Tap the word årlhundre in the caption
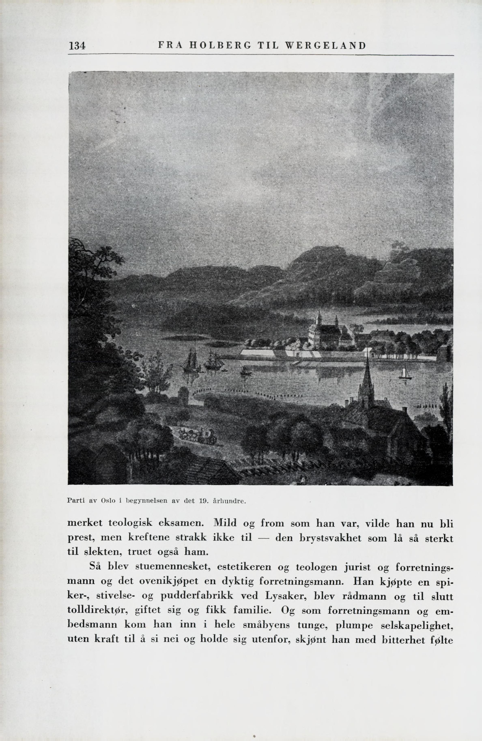click(x=229, y=501)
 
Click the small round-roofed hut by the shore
click(x=183, y=396)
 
